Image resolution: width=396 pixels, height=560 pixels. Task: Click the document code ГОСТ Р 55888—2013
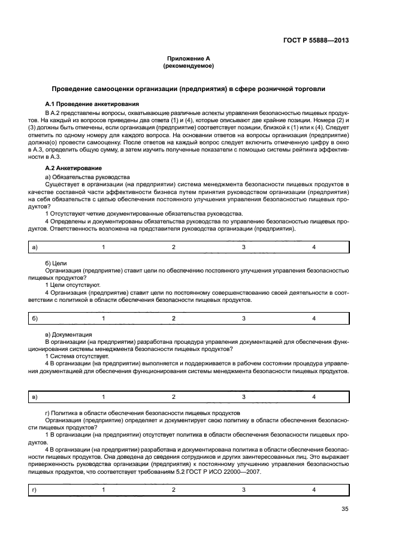(x=316, y=41)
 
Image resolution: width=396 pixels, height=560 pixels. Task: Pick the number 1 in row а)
(x=103, y=247)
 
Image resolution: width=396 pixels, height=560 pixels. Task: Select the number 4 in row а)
(x=314, y=247)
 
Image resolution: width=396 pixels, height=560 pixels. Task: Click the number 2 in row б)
(x=173, y=318)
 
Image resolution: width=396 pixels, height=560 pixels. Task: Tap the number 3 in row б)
(x=243, y=318)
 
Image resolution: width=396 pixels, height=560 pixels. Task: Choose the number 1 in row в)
(x=103, y=396)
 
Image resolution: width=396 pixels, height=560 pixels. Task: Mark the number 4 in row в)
(x=314, y=396)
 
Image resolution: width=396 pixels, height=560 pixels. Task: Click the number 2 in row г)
(x=173, y=490)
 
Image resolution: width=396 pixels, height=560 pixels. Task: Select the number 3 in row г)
(x=243, y=490)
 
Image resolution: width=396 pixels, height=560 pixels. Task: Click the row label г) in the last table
(x=34, y=490)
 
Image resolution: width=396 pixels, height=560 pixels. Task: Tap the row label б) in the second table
(x=34, y=318)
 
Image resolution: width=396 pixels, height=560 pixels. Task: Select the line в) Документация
(x=68, y=334)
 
